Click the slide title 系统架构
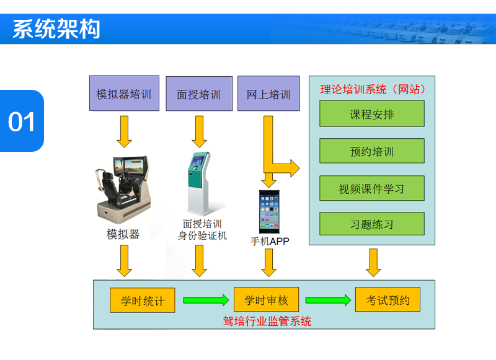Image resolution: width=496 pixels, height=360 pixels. tap(56, 29)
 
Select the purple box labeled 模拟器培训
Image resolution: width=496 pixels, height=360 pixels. tap(124, 94)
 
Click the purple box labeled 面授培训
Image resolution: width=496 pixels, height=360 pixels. tap(198, 94)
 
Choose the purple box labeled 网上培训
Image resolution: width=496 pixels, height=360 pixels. tap(268, 94)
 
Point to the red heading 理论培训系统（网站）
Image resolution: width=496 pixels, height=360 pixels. tap(373, 89)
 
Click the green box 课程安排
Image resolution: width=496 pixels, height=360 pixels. tap(372, 114)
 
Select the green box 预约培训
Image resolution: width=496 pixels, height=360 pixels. tap(372, 151)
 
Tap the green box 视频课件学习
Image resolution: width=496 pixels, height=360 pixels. tap(372, 188)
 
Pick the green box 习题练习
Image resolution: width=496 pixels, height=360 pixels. tap(372, 224)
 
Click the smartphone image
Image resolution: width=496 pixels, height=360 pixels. tap(269, 211)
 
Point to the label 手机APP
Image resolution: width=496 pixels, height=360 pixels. tap(270, 241)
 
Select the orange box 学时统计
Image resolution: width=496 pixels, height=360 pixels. tap(143, 301)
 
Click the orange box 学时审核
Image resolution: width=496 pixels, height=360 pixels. tap(266, 301)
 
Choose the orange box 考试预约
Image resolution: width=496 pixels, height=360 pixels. tap(387, 301)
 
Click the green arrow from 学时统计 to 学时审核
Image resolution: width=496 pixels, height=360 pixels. tap(205, 301)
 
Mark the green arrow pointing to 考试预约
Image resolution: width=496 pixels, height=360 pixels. tap(328, 301)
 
